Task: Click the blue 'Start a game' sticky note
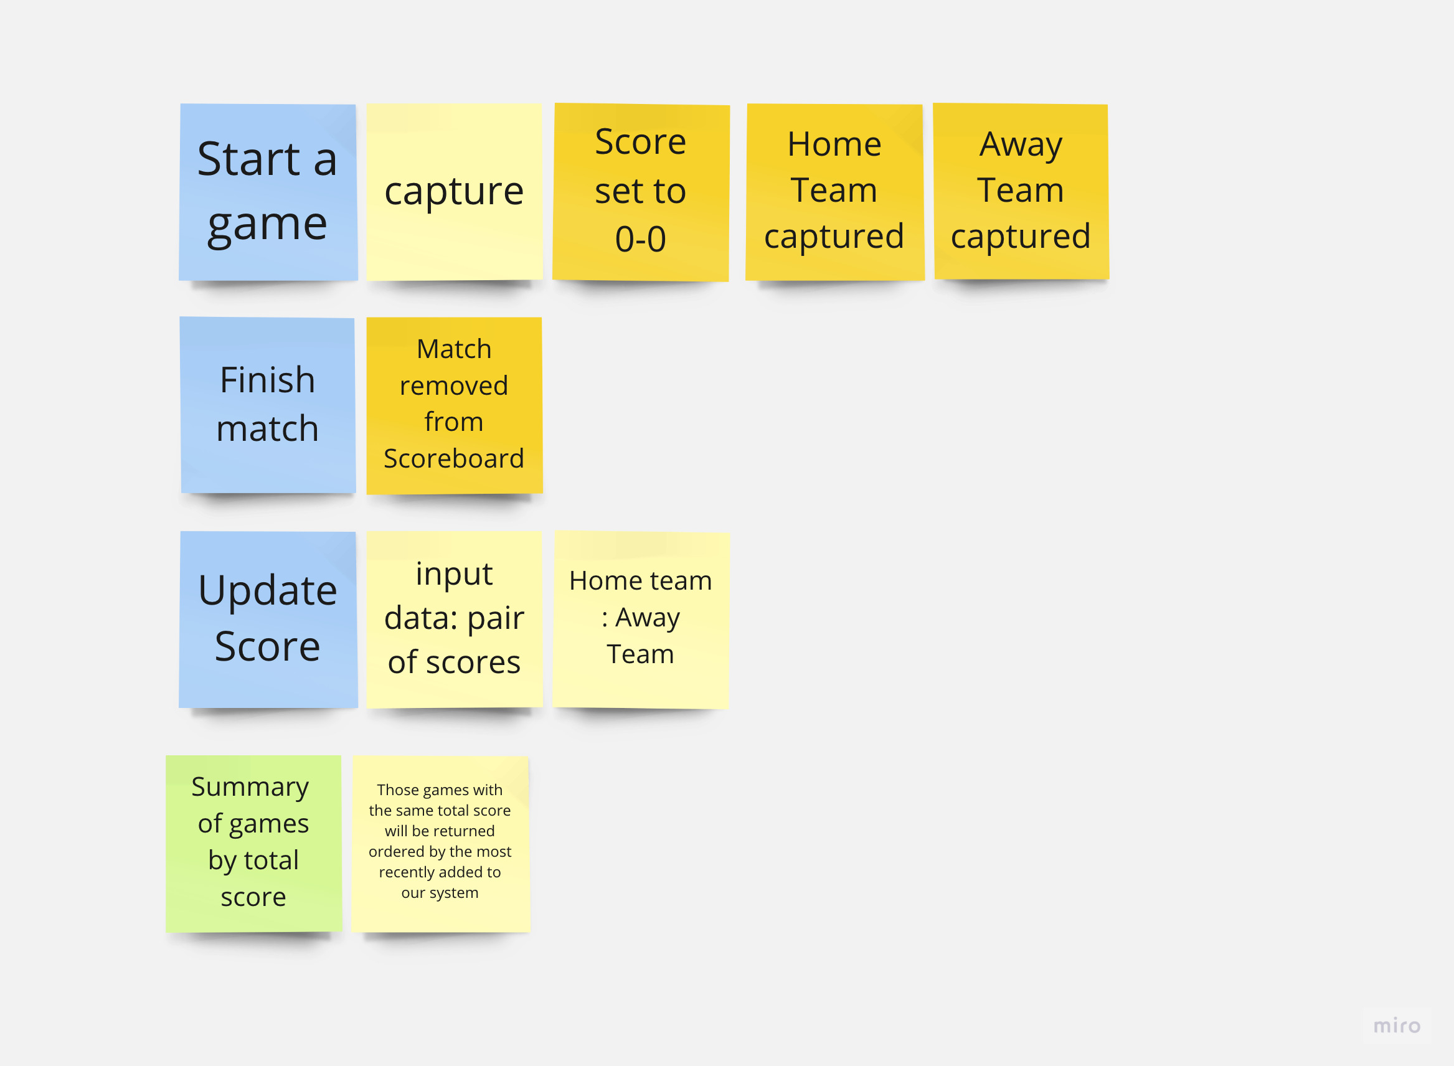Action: click(268, 192)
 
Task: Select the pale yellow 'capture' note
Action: click(454, 192)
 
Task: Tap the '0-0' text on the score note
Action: click(640, 239)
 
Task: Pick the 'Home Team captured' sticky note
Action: click(834, 192)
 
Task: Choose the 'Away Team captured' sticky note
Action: click(1021, 192)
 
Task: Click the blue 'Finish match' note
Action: click(268, 405)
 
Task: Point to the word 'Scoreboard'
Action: click(454, 459)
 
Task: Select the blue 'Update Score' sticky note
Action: click(268, 619)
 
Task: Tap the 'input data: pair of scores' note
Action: click(454, 619)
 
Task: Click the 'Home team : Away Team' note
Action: click(640, 619)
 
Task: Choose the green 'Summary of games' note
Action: click(253, 842)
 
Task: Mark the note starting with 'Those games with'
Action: click(440, 842)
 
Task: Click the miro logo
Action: click(1397, 1026)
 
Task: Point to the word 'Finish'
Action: click(267, 380)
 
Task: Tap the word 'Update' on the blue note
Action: click(267, 590)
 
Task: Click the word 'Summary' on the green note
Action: click(250, 787)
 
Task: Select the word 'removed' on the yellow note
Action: click(454, 386)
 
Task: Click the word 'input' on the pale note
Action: click(454, 573)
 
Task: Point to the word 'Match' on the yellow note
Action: click(454, 349)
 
